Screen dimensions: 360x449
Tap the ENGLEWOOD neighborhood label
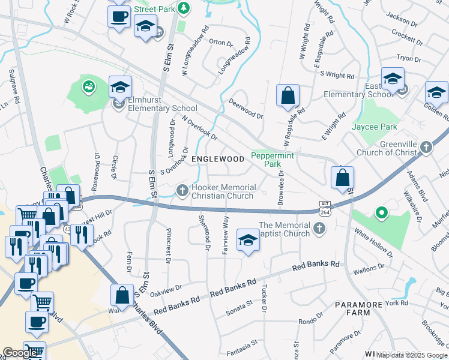coord(218,159)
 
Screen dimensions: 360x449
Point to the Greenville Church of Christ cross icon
coord(426,147)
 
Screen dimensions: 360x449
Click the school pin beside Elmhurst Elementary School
coord(120,87)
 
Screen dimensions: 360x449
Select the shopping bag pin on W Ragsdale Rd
coord(288,95)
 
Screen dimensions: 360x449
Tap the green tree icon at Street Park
coord(185,8)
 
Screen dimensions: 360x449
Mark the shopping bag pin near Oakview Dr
coord(122,295)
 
